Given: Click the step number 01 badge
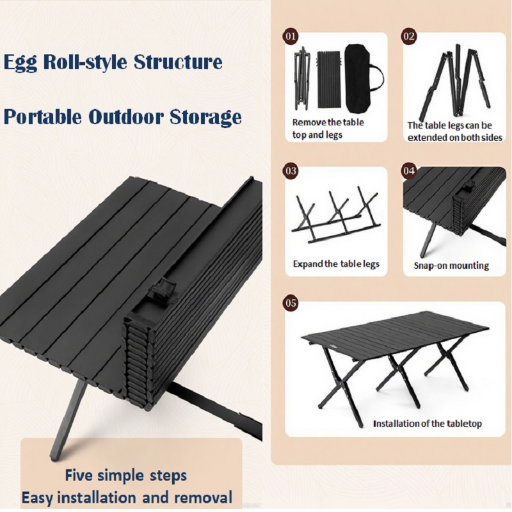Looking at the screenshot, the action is pos(291,36).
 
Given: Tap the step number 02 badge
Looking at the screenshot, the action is pos(409,36).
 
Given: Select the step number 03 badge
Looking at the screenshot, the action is pos(291,171).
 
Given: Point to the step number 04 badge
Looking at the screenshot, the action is pos(409,171).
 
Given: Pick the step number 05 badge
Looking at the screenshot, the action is pos(291,303).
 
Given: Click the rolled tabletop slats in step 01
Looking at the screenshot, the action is pos(330,79).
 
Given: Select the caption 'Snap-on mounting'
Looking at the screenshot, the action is pos(451,266).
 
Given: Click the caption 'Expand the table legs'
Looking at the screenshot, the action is pos(336,264).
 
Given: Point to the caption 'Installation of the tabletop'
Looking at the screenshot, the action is pos(428,424).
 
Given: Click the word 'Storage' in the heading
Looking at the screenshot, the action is pos(205,117).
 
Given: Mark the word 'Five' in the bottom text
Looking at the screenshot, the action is pos(78,475).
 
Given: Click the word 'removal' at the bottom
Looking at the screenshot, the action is pos(203,497).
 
